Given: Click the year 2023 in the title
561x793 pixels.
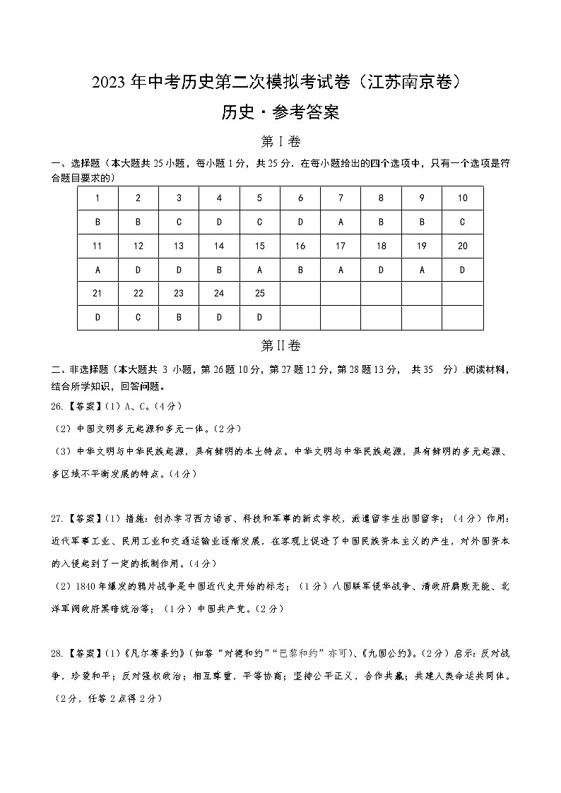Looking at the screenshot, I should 108,83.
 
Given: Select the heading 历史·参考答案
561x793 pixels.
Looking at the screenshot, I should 280,112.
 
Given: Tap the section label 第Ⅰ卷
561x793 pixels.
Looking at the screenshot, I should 280,143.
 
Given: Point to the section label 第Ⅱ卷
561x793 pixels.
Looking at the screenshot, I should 280,346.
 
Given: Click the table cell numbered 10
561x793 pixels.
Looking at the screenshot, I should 462,198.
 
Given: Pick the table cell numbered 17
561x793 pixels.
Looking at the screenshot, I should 341,246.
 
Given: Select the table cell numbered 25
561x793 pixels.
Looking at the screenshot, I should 259,293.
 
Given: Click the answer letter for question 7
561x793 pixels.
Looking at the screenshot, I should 341,222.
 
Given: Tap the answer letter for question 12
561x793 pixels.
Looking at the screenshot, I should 138,270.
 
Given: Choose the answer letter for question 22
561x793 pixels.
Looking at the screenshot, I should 138,318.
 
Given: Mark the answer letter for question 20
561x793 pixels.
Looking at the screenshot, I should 462,270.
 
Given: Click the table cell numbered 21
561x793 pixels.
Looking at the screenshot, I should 98,293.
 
